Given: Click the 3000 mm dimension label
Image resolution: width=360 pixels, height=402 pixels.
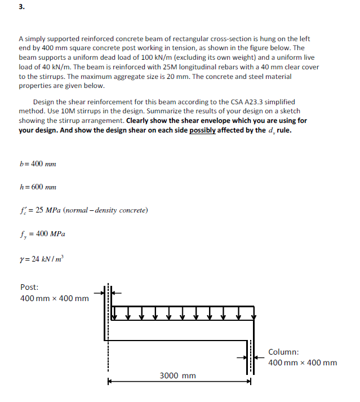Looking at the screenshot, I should point(177,375).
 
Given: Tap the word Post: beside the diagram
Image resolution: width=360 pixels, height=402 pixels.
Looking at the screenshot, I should point(29,287).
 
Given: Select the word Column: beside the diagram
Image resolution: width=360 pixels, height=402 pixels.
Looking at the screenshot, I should point(283,352).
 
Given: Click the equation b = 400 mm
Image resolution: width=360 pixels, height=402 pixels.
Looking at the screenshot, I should point(37,164).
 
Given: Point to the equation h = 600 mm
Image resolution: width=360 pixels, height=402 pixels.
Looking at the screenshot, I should point(37,187).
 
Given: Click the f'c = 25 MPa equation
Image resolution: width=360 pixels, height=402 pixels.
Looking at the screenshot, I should point(83,210).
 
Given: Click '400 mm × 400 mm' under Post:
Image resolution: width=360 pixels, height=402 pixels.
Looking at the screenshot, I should point(54,298).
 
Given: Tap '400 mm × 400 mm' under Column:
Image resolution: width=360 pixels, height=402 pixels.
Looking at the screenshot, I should point(303,363).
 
